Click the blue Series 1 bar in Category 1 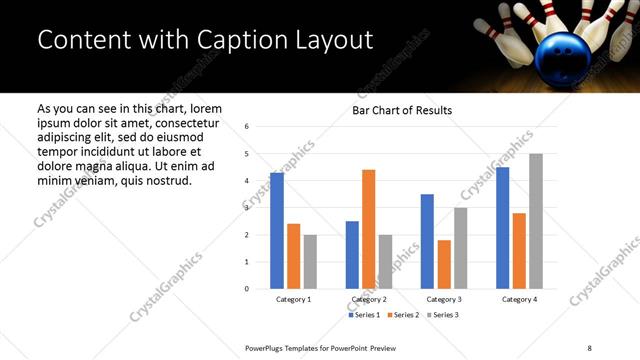tap(276, 231)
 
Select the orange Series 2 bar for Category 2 tap(368, 229)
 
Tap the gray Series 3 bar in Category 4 tap(535, 221)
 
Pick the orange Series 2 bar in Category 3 tap(443, 264)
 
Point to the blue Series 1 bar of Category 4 tap(502, 228)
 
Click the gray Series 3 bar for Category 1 tap(310, 262)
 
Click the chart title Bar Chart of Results tap(402, 110)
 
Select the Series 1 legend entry tap(365, 315)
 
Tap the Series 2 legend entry tap(402, 315)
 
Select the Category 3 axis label tap(443, 299)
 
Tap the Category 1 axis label tap(293, 299)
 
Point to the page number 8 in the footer tap(589, 347)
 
